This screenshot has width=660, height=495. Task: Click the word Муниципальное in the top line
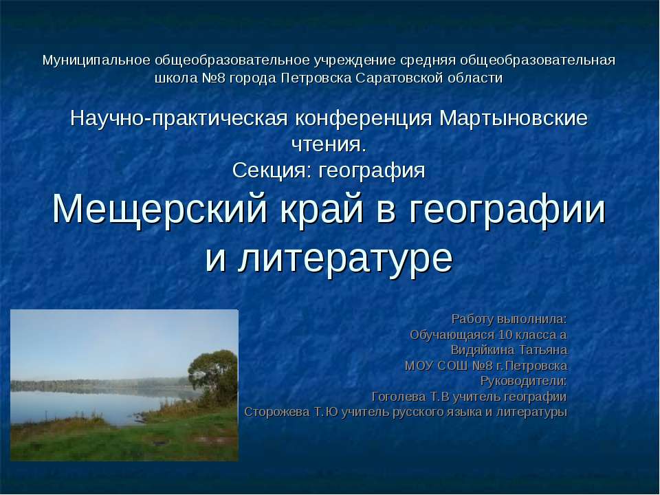coord(97,60)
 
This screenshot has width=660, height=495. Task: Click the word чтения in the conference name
coord(326,144)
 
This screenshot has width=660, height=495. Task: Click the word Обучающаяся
coord(450,335)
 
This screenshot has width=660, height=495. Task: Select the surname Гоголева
coord(400,397)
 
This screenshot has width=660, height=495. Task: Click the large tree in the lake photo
coord(213,371)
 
